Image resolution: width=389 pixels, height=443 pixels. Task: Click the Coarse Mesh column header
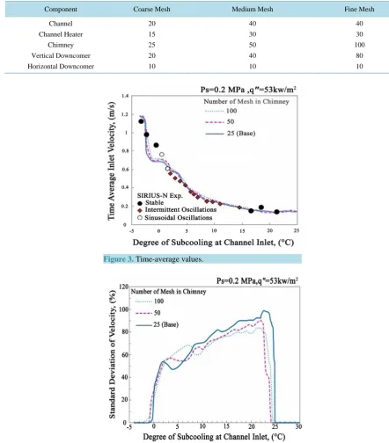[x=151, y=9]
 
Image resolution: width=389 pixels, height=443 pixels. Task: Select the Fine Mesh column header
[x=359, y=9]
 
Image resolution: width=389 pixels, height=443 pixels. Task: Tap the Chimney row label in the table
[x=61, y=45]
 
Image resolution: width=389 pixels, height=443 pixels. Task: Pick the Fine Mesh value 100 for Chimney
[x=359, y=45]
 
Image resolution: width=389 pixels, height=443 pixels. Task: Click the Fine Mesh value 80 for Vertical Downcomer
[x=359, y=55]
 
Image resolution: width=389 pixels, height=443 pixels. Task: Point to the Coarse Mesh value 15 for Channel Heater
[x=151, y=34]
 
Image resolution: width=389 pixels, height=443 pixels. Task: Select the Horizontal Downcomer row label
[x=61, y=66]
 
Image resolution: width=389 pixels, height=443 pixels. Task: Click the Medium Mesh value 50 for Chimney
[x=253, y=45]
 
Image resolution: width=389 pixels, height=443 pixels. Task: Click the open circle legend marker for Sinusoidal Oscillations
[x=140, y=218]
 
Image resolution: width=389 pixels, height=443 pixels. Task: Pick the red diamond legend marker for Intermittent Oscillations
[x=140, y=210]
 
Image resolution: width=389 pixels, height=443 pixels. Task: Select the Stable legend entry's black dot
[x=140, y=203]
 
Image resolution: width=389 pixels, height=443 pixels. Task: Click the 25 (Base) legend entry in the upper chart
[x=231, y=134]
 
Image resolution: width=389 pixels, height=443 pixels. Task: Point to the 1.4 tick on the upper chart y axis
[x=125, y=96]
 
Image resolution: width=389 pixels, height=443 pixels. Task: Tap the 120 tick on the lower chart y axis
[x=124, y=287]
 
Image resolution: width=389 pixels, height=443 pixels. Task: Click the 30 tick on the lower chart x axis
[x=298, y=426]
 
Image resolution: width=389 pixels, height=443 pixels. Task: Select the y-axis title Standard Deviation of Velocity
[x=112, y=354]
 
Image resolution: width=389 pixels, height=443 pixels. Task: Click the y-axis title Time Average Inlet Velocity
[x=111, y=161]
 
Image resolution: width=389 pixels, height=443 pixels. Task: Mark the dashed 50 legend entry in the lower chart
[x=148, y=313]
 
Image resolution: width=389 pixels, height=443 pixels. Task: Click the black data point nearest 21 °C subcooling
[x=276, y=212]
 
